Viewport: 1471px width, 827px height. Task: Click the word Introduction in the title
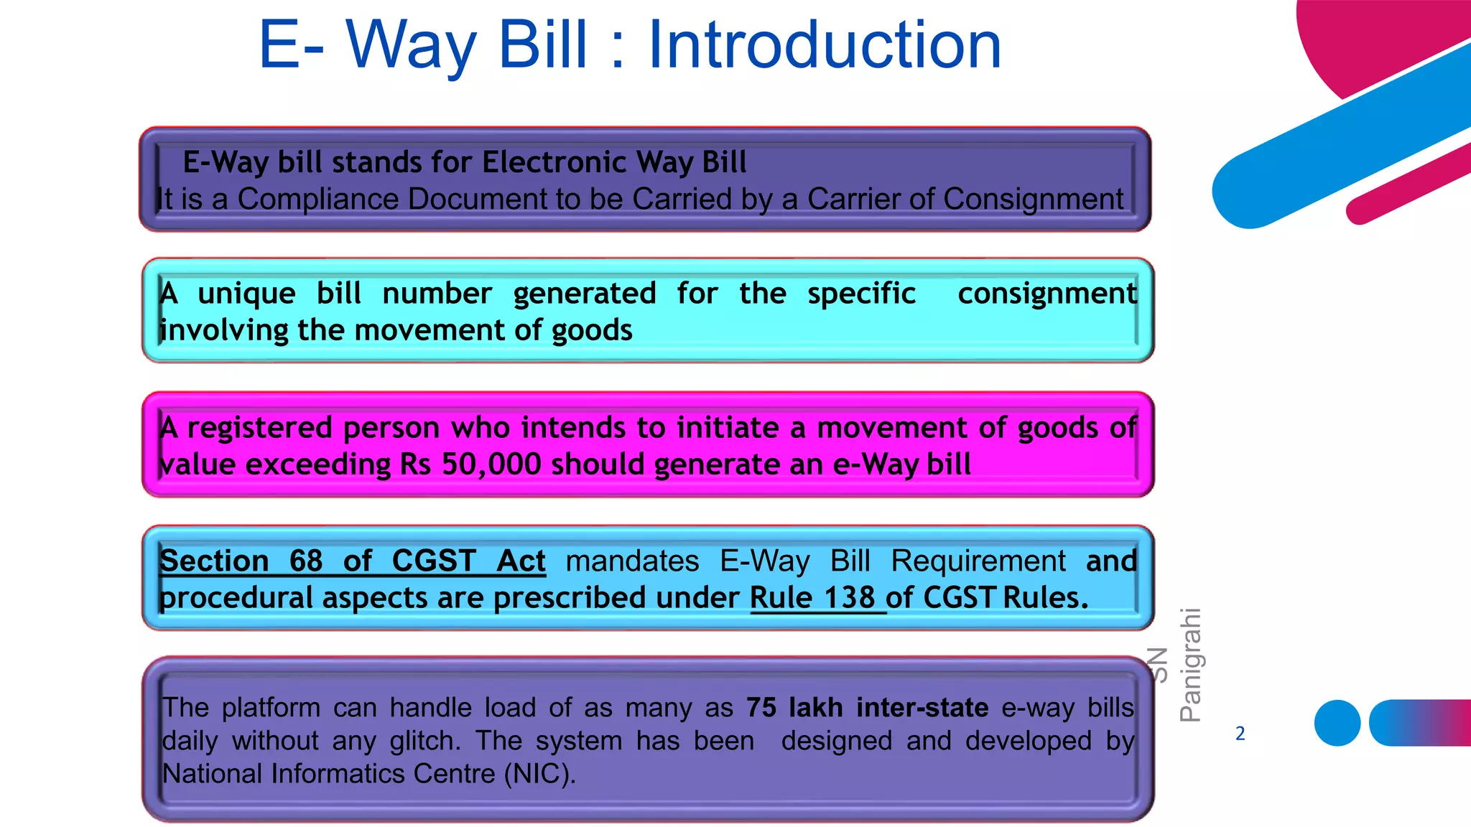824,45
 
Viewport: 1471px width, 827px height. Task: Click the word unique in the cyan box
246,294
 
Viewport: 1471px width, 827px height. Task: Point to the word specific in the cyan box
861,294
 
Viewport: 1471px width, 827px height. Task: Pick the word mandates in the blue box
632,561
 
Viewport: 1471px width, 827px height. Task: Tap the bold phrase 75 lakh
794,708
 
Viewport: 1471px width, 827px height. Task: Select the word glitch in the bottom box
425,741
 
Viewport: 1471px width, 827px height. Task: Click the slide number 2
1240,734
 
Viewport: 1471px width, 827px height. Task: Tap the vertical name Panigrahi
1190,665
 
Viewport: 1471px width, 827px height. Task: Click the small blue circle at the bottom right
1337,723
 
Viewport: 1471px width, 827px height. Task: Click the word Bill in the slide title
543,45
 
